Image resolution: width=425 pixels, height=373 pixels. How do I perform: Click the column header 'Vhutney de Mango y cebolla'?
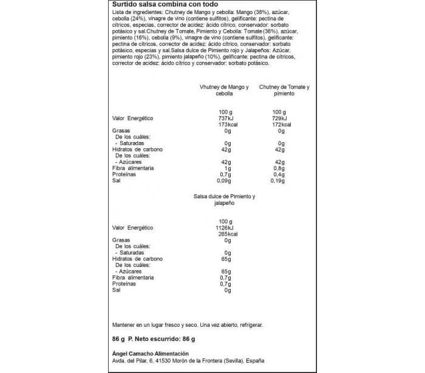(x=224, y=91)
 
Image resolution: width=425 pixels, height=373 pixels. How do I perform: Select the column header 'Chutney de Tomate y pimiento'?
(x=284, y=91)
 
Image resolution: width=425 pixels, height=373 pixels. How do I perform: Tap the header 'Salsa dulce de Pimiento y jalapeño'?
(x=224, y=200)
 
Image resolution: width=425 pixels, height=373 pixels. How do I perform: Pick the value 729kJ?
(x=279, y=118)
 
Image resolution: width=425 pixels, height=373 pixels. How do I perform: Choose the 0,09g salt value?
(x=225, y=180)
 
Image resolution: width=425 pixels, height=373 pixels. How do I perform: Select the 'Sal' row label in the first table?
(x=117, y=180)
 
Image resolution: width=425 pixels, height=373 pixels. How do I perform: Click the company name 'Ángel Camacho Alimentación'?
(x=151, y=354)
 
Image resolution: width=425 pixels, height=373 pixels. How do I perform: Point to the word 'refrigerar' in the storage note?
(x=248, y=325)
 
